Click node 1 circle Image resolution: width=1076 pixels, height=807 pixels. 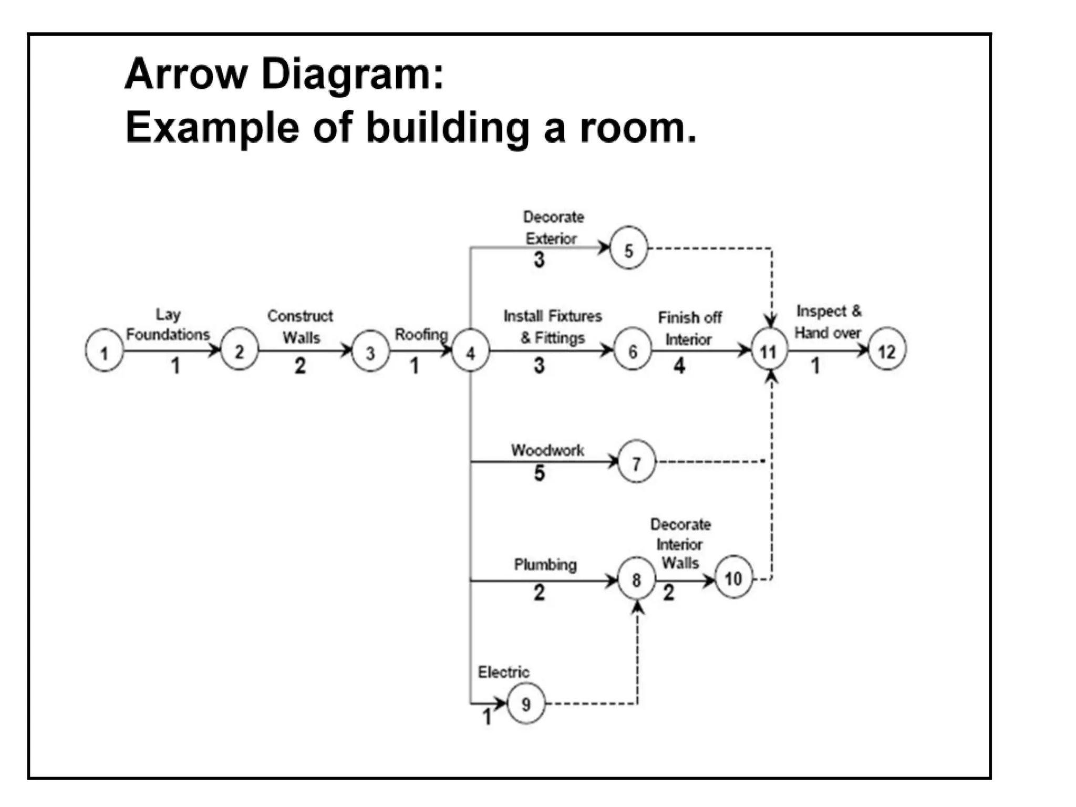coord(104,350)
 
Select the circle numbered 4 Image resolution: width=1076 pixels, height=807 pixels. coord(470,351)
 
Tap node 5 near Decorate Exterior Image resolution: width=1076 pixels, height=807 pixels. coord(628,249)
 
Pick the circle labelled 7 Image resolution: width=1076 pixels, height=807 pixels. coord(636,462)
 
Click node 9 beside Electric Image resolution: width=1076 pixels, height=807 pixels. coord(526,703)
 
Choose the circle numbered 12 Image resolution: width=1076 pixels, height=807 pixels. coord(887,349)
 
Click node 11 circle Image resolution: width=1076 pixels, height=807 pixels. coord(769,350)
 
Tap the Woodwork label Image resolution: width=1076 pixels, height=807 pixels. coord(547,450)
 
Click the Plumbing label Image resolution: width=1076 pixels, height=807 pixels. coord(545,565)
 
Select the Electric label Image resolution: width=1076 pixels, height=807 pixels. coord(503,672)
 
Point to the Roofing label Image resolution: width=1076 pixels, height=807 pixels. coord(421,334)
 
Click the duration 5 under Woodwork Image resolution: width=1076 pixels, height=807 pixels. coord(540,473)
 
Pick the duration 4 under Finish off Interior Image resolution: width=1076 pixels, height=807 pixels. coord(679,366)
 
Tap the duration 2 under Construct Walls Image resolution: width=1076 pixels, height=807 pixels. coord(300,366)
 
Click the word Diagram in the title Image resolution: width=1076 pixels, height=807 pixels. coord(352,74)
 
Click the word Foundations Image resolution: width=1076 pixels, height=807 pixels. coord(168,334)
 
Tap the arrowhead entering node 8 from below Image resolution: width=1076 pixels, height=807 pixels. coord(637,608)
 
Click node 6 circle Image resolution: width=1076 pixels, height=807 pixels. coord(633,350)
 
